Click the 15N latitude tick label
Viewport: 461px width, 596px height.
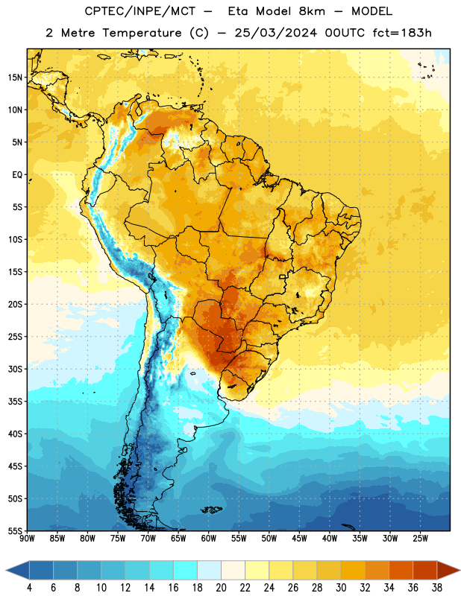tap(15, 77)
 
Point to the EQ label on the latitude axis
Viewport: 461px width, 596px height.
tap(17, 175)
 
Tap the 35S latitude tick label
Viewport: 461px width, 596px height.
tap(15, 402)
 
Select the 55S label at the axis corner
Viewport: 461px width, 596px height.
tap(15, 531)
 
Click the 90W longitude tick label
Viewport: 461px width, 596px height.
tap(27, 539)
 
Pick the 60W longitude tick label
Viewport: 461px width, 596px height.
tap(209, 539)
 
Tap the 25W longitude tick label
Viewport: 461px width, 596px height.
tap(420, 539)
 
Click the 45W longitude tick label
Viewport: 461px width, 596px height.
tap(299, 539)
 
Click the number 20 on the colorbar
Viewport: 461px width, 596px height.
tap(221, 588)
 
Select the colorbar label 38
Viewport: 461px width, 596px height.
tap(437, 588)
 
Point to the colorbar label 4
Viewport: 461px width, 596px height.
tap(29, 588)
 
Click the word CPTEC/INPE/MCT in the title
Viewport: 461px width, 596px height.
tap(140, 11)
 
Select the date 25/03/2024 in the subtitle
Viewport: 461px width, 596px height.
tap(275, 33)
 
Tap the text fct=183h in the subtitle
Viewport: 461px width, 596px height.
tap(402, 33)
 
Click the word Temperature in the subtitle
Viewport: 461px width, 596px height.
tap(142, 33)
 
